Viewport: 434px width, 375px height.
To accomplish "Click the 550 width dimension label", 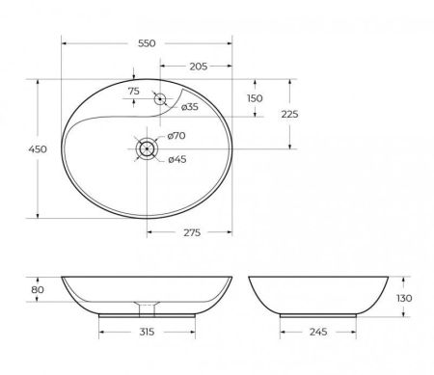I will [x=148, y=43].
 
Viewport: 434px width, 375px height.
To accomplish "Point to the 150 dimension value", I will [x=255, y=98].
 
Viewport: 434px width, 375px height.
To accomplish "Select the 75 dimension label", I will [x=133, y=92].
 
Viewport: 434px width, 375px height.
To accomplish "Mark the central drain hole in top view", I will [x=148, y=148].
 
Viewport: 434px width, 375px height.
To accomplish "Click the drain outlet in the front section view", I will [x=148, y=308].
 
